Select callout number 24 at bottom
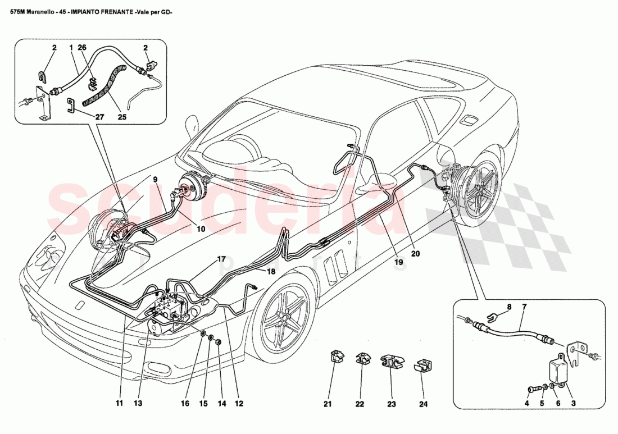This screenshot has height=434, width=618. point(422,403)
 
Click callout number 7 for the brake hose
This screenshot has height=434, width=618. point(524,307)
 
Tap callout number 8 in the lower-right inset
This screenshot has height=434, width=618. point(509,307)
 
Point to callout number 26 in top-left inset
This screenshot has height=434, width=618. point(82,48)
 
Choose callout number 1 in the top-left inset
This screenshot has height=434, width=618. point(71,48)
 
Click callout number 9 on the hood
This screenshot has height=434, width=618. point(155,180)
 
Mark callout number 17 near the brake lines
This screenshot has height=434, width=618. point(221,259)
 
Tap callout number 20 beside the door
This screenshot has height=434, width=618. point(415,253)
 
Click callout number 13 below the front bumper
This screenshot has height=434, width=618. point(138,403)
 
